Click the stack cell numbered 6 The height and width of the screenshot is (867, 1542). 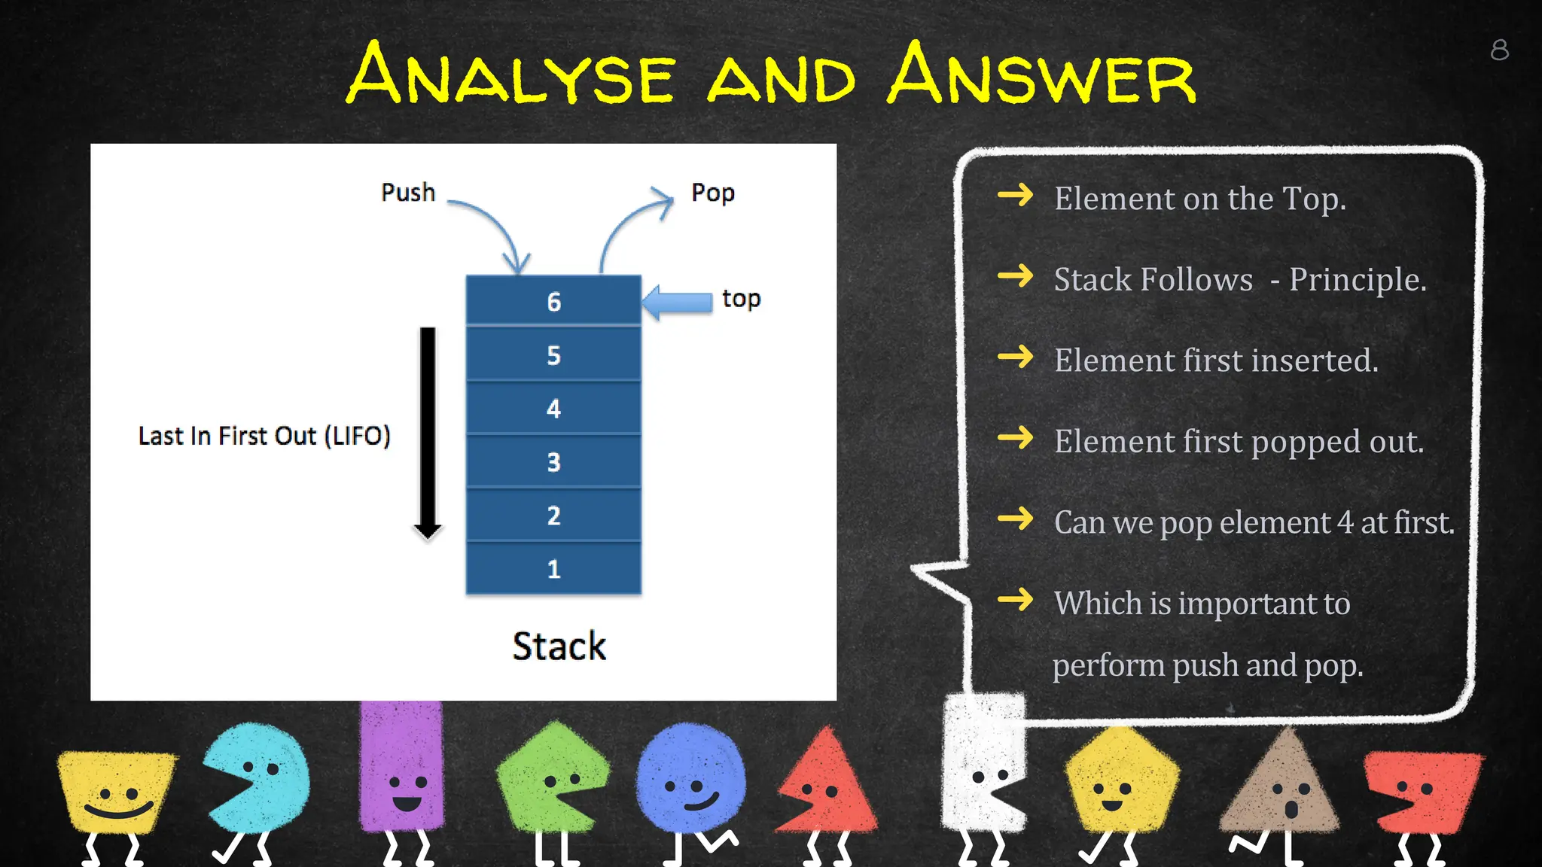click(x=553, y=301)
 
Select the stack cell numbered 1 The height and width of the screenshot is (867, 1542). click(x=553, y=568)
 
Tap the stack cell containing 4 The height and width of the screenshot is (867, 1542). click(x=553, y=408)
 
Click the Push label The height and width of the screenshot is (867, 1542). click(x=408, y=193)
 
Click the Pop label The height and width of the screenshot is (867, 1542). click(x=712, y=193)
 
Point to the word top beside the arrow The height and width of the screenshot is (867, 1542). click(x=741, y=299)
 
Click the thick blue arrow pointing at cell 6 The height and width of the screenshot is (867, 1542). click(x=678, y=302)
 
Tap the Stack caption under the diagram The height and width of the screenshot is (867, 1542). click(x=559, y=646)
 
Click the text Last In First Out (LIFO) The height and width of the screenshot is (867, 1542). click(x=264, y=436)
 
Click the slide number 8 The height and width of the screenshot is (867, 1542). click(x=1499, y=50)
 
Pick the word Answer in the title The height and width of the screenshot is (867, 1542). click(x=1042, y=75)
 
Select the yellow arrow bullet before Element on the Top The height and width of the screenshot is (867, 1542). click(x=1015, y=196)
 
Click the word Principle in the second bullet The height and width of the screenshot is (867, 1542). click(x=1357, y=280)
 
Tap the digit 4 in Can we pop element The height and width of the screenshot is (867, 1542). click(x=1345, y=522)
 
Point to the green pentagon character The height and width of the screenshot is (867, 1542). click(x=553, y=775)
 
